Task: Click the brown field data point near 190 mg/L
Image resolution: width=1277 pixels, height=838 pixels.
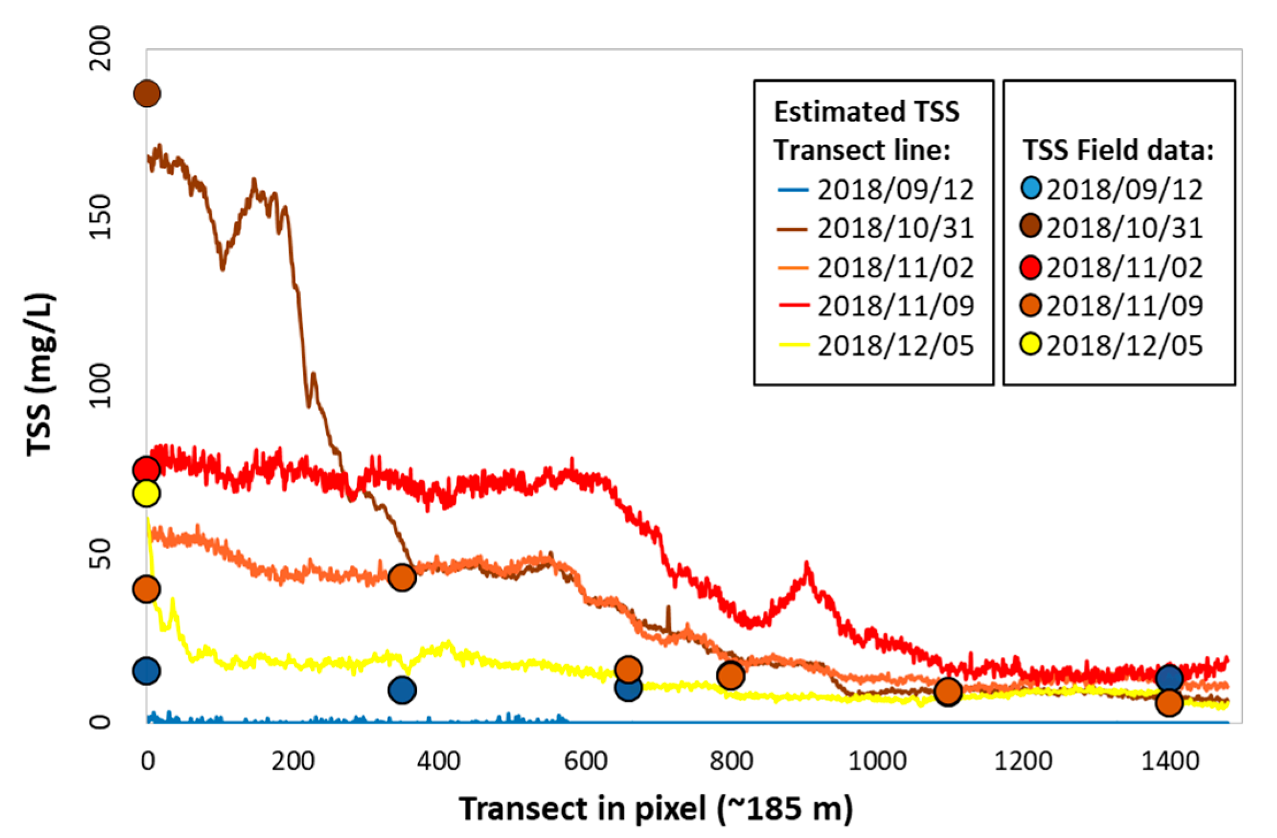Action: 147,94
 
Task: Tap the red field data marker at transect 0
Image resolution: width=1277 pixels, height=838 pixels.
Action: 146,470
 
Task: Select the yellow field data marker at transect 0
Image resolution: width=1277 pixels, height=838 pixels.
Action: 146,493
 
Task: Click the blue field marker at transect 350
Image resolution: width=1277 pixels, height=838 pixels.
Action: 402,690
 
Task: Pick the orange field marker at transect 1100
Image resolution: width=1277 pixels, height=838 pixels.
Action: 948,691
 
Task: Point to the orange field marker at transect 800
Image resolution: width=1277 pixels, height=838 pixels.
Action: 730,675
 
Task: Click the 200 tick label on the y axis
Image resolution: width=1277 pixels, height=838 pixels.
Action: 101,49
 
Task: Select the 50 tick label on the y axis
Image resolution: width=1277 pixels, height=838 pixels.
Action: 101,554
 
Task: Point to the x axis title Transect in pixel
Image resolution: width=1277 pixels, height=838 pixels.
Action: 655,809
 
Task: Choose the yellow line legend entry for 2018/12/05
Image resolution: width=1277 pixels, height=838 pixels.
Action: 794,345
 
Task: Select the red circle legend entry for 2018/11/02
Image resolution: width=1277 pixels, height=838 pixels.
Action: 1031,267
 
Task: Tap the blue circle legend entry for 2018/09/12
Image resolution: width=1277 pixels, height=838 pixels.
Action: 1031,188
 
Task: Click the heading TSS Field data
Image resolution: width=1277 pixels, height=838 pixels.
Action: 1118,151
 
